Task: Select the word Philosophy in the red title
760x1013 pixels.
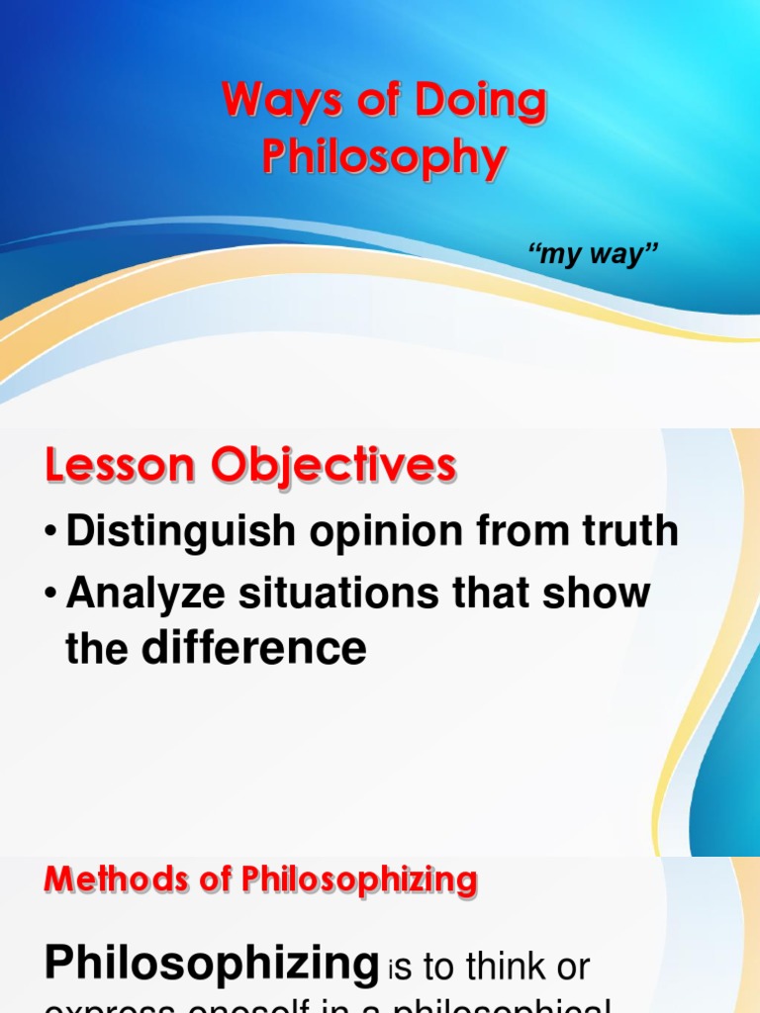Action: [x=385, y=158]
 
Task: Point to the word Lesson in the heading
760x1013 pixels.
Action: [x=108, y=466]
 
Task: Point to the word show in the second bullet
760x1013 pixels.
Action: [x=602, y=594]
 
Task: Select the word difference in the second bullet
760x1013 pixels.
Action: [x=253, y=649]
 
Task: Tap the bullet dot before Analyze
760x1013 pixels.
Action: [x=50, y=595]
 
